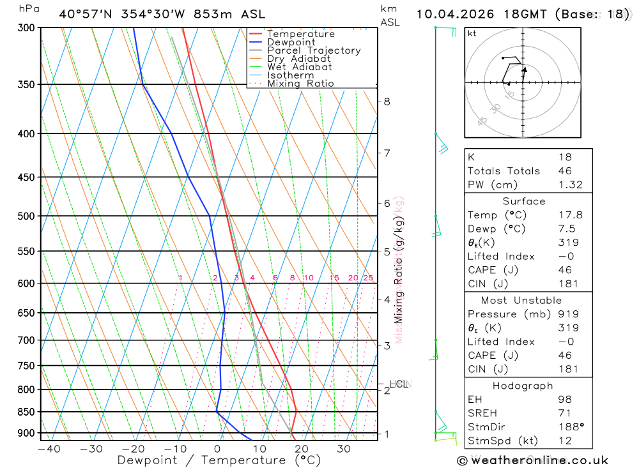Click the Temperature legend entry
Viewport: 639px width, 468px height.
click(300, 34)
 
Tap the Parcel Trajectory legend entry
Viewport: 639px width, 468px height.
click(314, 50)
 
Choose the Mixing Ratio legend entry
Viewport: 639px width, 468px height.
click(300, 84)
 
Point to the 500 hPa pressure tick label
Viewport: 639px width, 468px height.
click(26, 216)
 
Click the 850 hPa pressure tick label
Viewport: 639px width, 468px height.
click(26, 412)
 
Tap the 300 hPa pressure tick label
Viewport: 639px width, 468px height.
click(26, 28)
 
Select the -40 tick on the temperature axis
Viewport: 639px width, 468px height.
click(49, 449)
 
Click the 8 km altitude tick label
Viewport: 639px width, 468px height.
click(387, 102)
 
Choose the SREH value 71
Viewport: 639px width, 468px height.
click(564, 413)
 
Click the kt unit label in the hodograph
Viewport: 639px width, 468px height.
click(472, 33)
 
